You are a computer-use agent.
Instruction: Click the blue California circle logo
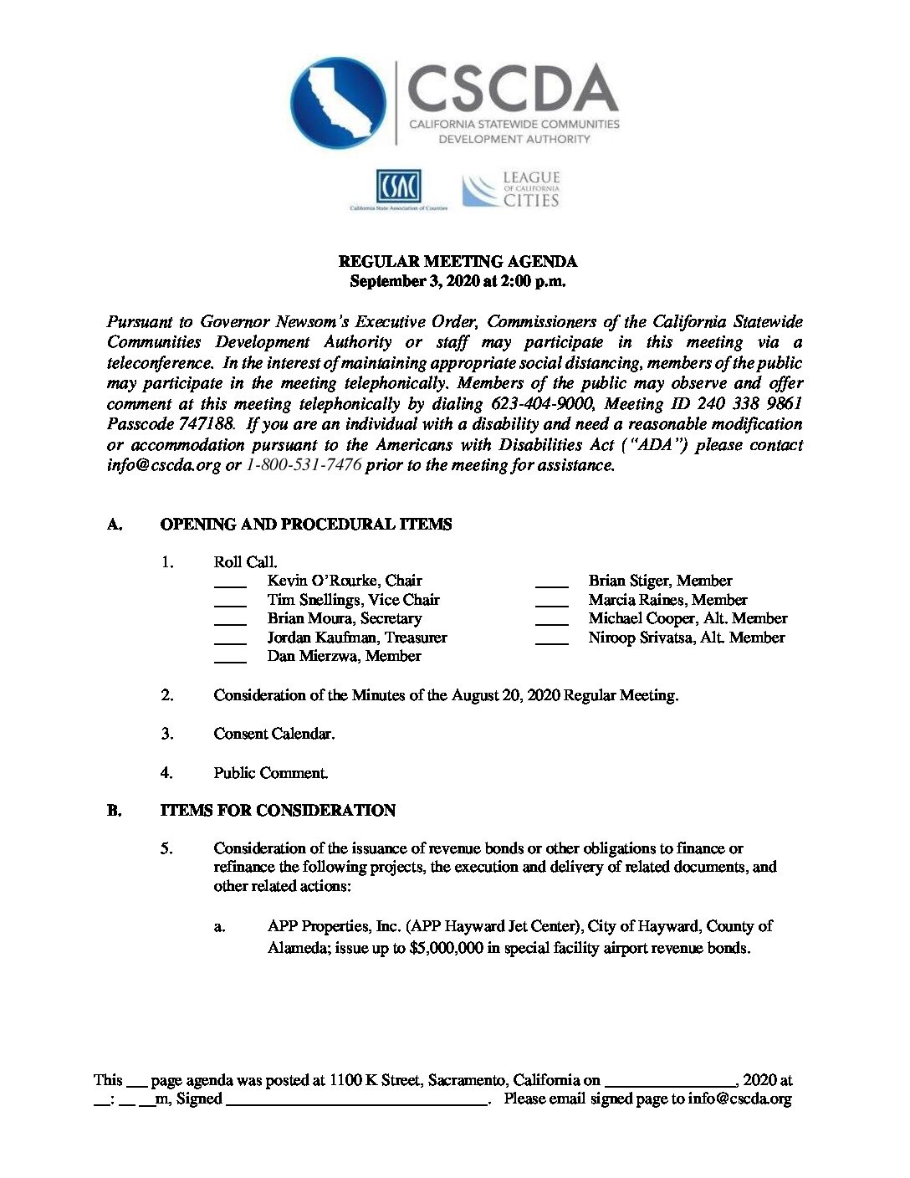[x=339, y=104]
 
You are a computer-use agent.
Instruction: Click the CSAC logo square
[x=398, y=186]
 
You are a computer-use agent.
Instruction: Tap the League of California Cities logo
[x=511, y=190]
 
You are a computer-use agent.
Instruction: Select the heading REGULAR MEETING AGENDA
[x=458, y=262]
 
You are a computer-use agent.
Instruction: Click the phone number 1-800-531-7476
[x=304, y=465]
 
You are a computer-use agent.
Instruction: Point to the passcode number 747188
[x=206, y=424]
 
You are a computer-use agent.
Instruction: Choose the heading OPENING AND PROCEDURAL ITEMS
[x=306, y=525]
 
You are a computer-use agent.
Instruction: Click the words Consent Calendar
[x=274, y=734]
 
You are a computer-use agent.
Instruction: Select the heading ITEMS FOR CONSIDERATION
[x=278, y=811]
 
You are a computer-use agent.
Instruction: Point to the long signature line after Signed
[x=357, y=1104]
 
